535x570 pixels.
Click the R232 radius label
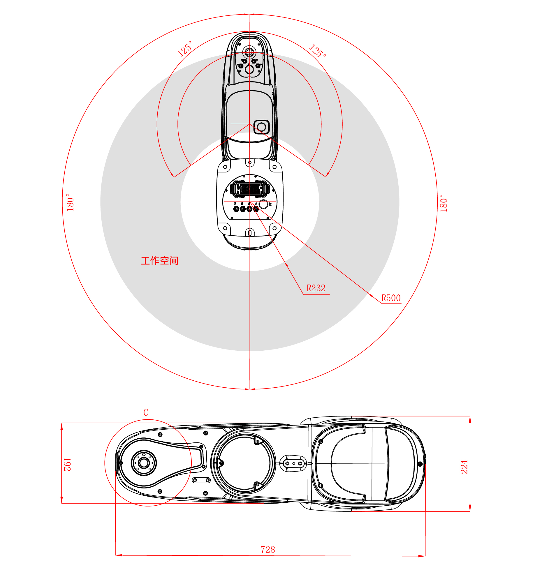[316, 288]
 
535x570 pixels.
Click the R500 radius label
[391, 298]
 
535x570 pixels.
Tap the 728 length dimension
[268, 550]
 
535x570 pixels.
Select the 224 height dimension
[464, 467]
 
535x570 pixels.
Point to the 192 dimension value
[67, 464]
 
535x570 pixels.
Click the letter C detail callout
[146, 412]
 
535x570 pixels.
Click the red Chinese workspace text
[159, 260]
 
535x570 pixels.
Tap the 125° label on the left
[185, 48]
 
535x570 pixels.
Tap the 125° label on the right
[318, 51]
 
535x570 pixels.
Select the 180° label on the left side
[70, 202]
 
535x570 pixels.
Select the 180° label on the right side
[443, 203]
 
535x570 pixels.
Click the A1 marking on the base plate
[270, 204]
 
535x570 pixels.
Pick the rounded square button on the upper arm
[261, 127]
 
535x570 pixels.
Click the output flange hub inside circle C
[144, 463]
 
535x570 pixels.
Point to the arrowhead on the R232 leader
[286, 264]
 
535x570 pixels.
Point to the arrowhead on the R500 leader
[371, 295]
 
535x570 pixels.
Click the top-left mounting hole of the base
[225, 167]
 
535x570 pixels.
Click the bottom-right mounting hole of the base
[274, 228]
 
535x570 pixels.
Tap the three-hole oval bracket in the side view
[293, 463]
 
